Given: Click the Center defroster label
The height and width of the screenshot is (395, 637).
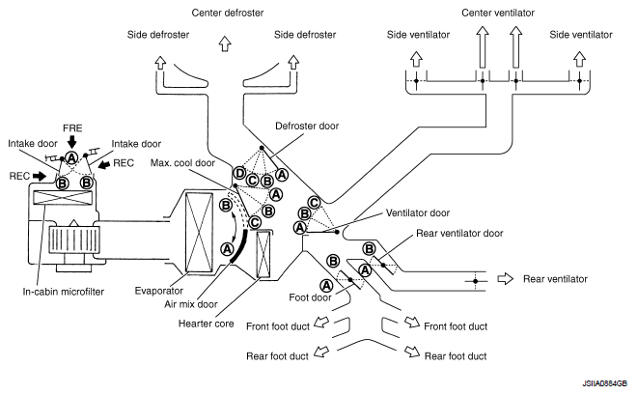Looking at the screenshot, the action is point(228,13).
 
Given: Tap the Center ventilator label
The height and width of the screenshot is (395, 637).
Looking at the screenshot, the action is point(498,13).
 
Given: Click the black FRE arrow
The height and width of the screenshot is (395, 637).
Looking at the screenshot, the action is point(72,142).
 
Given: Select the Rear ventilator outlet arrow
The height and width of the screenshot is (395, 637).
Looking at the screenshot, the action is point(506,279).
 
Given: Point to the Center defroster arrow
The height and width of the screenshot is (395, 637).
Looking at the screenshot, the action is point(225,43).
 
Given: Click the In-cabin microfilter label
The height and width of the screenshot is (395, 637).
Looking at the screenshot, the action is point(64,292).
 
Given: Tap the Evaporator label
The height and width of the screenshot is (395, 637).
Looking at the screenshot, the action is point(159,291).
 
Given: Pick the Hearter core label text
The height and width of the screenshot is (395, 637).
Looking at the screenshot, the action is point(206,324).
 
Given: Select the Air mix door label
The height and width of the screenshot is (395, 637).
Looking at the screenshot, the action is point(190,304).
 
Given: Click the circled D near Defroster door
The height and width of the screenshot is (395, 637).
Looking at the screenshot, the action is point(239,174).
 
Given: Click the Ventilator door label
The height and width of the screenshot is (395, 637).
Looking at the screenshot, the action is point(418,212).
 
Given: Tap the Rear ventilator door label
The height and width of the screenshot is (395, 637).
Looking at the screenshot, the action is point(459,234).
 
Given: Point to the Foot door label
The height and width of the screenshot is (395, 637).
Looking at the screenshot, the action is point(310,297).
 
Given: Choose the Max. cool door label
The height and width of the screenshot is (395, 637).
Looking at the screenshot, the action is point(182,163).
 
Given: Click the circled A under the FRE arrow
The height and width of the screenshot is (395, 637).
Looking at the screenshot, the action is point(72,157).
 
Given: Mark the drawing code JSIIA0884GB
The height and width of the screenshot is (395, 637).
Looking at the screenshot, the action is point(604,383).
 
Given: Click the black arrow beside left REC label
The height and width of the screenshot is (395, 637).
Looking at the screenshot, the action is point(40,176).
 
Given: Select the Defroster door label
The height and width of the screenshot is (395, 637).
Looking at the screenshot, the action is point(307,126).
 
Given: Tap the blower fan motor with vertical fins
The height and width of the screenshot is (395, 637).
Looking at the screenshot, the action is point(73,240).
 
